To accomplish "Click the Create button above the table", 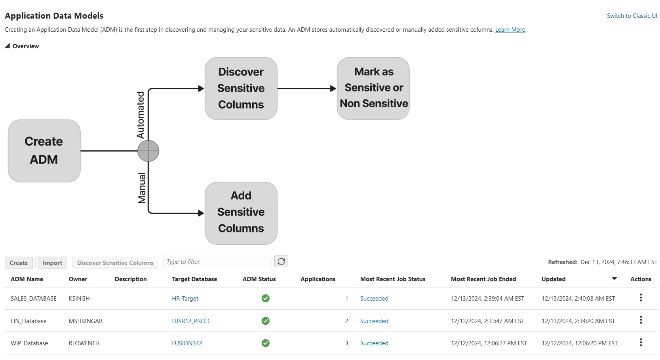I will [19, 263].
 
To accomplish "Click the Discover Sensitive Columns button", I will [115, 263].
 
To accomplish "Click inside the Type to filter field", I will [217, 262].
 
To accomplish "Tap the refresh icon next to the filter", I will [281, 262].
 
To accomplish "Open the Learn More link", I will [510, 30].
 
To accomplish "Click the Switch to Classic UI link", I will [632, 16].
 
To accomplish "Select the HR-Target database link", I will [185, 299].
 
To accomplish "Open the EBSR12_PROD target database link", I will [190, 321].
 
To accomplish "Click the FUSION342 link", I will [187, 343].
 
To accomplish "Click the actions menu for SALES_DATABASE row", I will [641, 298].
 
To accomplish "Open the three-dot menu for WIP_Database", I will [641, 343].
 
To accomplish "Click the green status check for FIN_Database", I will [266, 321].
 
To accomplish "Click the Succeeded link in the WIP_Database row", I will [374, 343].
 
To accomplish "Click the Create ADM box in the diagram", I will [44, 151].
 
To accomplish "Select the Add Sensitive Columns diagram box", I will [241, 213].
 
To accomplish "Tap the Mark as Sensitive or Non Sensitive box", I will [373, 88].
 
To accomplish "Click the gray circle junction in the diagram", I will [148, 151].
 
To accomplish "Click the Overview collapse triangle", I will [7, 46].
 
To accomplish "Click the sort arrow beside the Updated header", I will [614, 279].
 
